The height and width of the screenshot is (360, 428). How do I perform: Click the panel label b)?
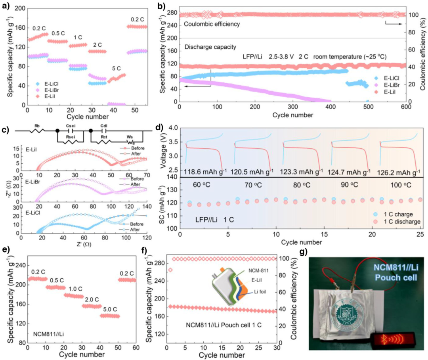162,6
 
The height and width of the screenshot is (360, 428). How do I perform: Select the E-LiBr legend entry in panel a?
50,90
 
